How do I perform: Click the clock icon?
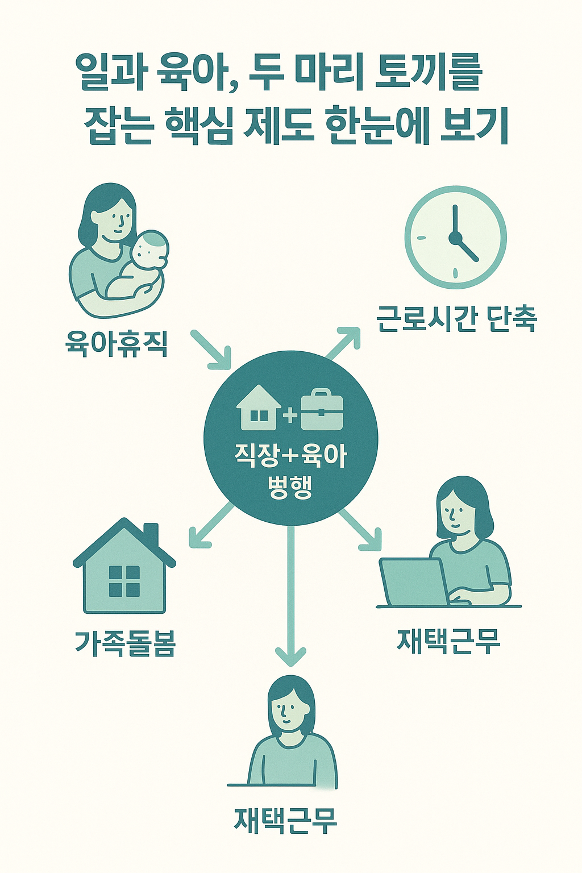pyautogui.click(x=455, y=237)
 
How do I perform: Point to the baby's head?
pyautogui.click(x=149, y=249)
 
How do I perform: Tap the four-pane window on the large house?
pyautogui.click(x=124, y=581)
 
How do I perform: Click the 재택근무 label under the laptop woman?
pyautogui.click(x=448, y=641)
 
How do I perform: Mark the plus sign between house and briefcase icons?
pyautogui.click(x=290, y=415)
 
